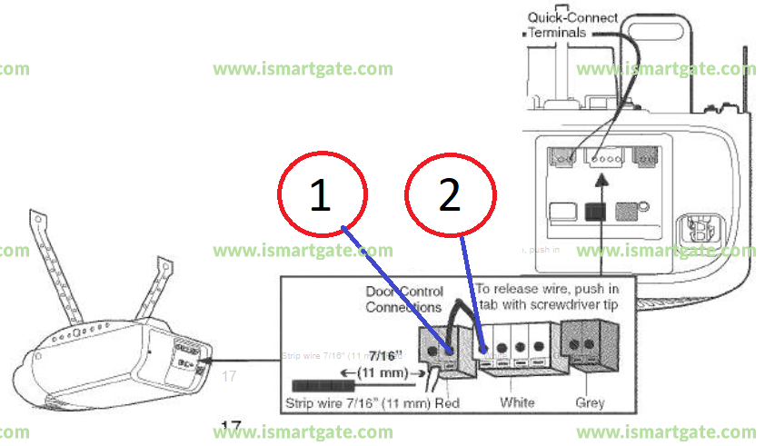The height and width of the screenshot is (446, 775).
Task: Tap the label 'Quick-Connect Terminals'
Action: pyautogui.click(x=572, y=25)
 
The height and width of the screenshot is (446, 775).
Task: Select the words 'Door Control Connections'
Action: pyautogui.click(x=404, y=300)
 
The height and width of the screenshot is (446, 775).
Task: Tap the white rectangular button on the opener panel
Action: pyautogui.click(x=561, y=212)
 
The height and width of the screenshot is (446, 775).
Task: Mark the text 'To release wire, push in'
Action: pyautogui.click(x=547, y=289)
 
